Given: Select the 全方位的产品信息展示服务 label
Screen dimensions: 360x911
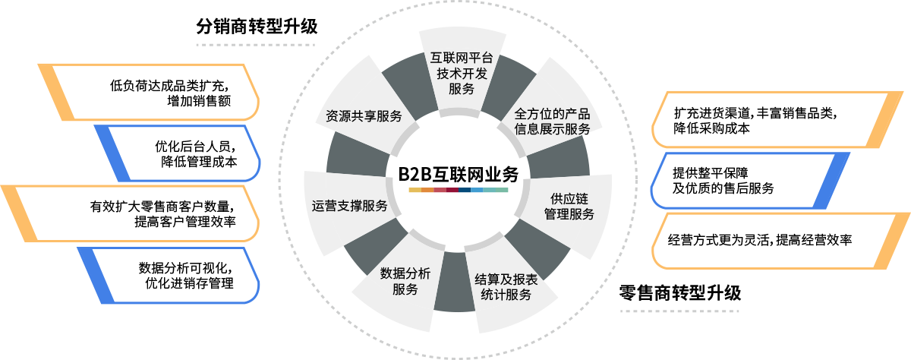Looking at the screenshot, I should tap(552, 122).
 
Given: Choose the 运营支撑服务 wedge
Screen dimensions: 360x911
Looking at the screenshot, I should tap(350, 206).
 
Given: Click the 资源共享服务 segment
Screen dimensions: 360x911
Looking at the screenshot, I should tap(363, 116).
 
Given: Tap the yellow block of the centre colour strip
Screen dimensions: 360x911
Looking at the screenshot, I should tap(415, 189).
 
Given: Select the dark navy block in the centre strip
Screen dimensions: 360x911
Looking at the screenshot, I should tap(464, 189).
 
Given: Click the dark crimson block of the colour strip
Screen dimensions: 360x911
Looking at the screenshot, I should tap(452, 189).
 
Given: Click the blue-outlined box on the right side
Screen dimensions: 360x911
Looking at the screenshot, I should tap(748, 180).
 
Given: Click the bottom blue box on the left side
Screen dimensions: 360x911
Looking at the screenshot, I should tap(171, 275).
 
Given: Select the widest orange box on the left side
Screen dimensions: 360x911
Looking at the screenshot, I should tap(133, 213).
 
